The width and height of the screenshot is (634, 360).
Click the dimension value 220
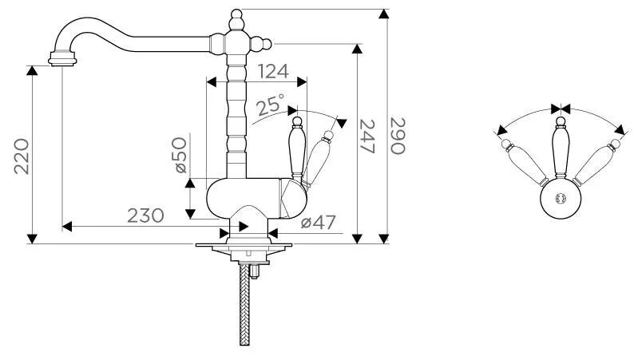coord(22,156)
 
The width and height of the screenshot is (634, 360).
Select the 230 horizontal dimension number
coord(145,216)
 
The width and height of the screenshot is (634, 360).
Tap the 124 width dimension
coord(273,72)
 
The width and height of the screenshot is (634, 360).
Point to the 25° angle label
coord(270,105)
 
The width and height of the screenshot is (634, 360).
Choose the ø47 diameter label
coord(319,222)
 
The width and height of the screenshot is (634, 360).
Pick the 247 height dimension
coord(367,136)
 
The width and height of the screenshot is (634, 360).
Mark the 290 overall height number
coord(398,136)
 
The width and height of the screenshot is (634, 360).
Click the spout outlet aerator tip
coord(62,58)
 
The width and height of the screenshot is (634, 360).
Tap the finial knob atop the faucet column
coord(236,19)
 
